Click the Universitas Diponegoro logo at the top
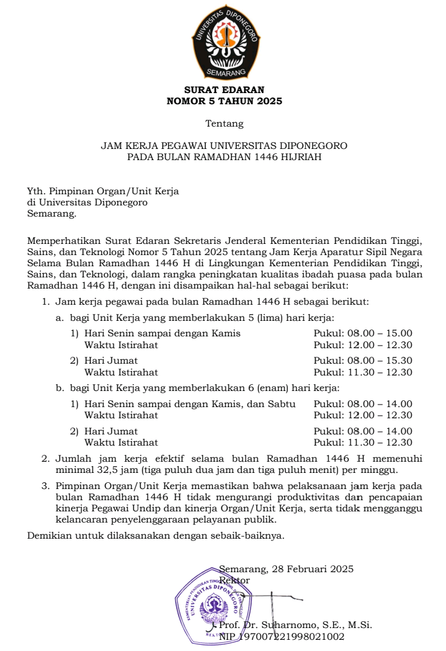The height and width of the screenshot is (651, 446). (x=224, y=43)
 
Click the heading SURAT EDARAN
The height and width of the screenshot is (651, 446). (x=224, y=90)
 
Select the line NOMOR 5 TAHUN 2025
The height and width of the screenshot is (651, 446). (x=224, y=101)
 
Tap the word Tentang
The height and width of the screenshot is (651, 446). (x=224, y=123)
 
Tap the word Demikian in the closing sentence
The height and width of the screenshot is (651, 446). (x=48, y=536)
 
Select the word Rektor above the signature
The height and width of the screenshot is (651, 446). (x=234, y=580)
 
